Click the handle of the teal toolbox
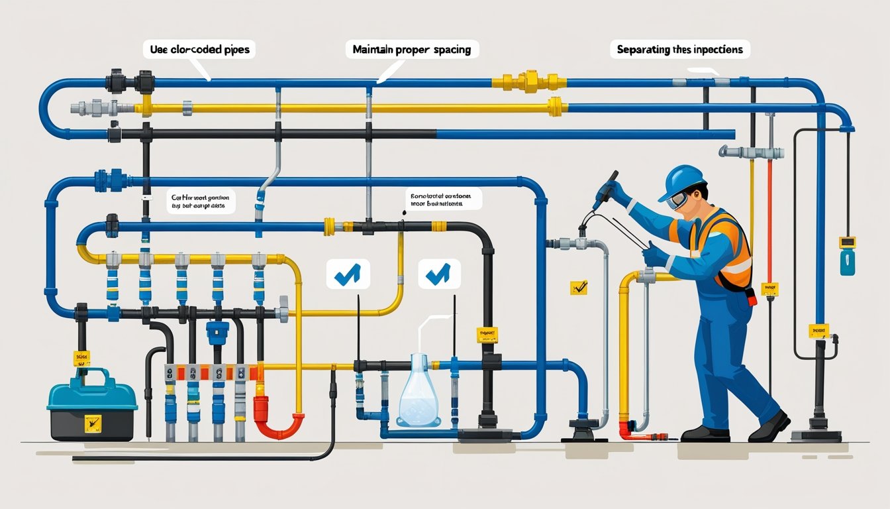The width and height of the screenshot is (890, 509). click(x=93, y=377)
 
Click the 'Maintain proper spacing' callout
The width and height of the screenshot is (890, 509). click(x=412, y=50)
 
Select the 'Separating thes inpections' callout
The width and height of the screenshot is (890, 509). click(x=679, y=49)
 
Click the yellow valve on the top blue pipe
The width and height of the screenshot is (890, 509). click(x=530, y=82)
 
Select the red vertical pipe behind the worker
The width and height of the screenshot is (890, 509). click(x=769, y=219)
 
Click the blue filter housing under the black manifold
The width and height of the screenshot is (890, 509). click(x=217, y=331)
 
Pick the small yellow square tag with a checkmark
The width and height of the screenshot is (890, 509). click(x=579, y=288)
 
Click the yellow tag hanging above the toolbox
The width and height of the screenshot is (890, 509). click(x=81, y=359)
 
